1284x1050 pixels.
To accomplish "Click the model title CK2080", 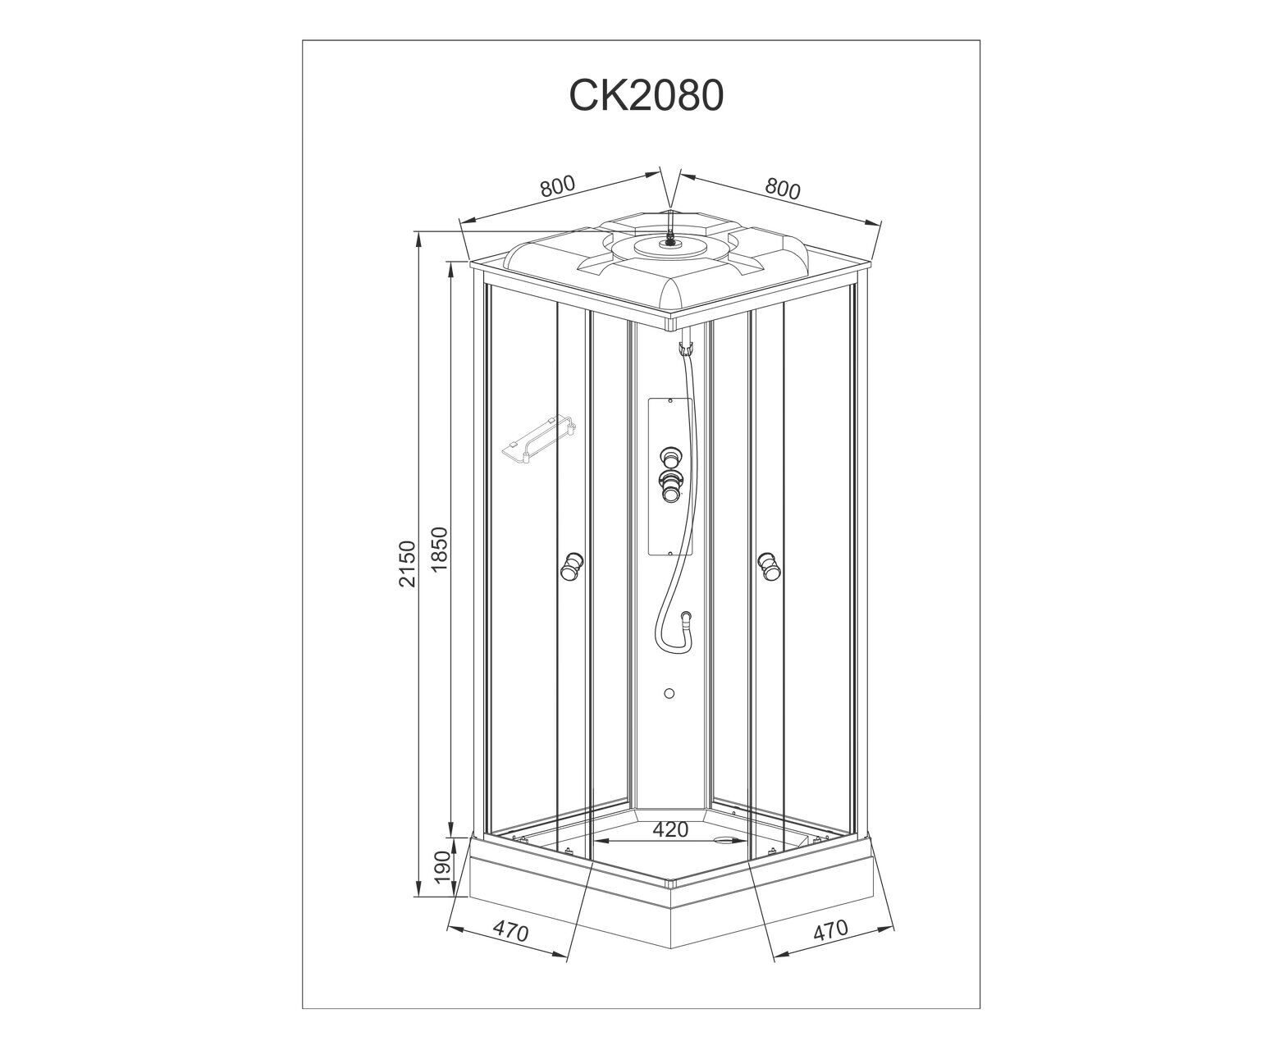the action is [x=646, y=95].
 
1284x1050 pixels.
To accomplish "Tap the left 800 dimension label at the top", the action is [x=557, y=186].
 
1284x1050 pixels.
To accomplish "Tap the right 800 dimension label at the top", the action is [x=783, y=189].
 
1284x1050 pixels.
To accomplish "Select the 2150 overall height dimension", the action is [x=407, y=563].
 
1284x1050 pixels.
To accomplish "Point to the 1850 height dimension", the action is [x=439, y=549].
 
